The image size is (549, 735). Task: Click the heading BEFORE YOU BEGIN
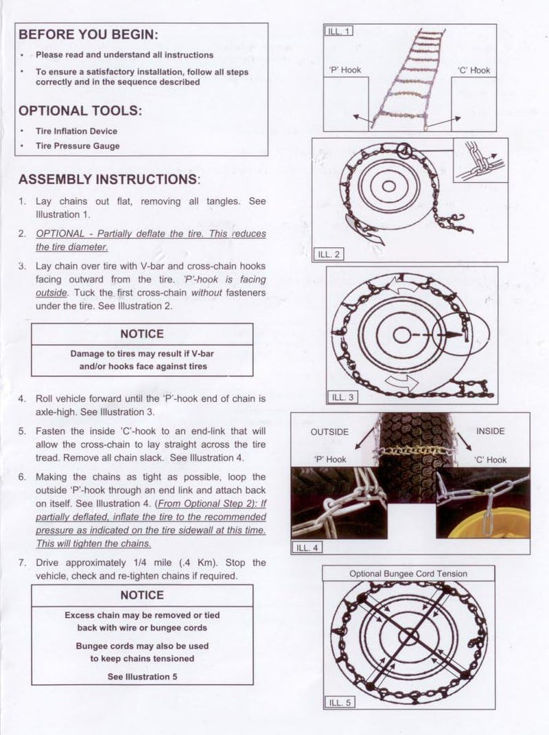(88, 35)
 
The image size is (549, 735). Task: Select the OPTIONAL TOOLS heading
(81, 111)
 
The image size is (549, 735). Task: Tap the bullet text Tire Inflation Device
(76, 131)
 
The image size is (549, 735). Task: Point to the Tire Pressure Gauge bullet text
(78, 146)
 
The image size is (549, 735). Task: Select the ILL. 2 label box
(329, 254)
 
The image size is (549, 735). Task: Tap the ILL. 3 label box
(343, 397)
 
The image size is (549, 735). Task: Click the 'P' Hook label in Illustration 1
(345, 70)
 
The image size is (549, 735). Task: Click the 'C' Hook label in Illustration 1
(474, 70)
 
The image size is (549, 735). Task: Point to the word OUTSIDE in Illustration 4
(329, 432)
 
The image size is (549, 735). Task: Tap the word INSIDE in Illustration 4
(490, 431)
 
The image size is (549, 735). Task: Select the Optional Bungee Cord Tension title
(408, 574)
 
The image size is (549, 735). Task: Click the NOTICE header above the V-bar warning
(142, 334)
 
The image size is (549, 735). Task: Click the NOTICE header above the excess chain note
(142, 595)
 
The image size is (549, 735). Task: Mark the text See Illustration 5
(142, 677)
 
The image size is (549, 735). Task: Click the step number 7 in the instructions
(22, 563)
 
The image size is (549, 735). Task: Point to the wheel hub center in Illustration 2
(388, 186)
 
